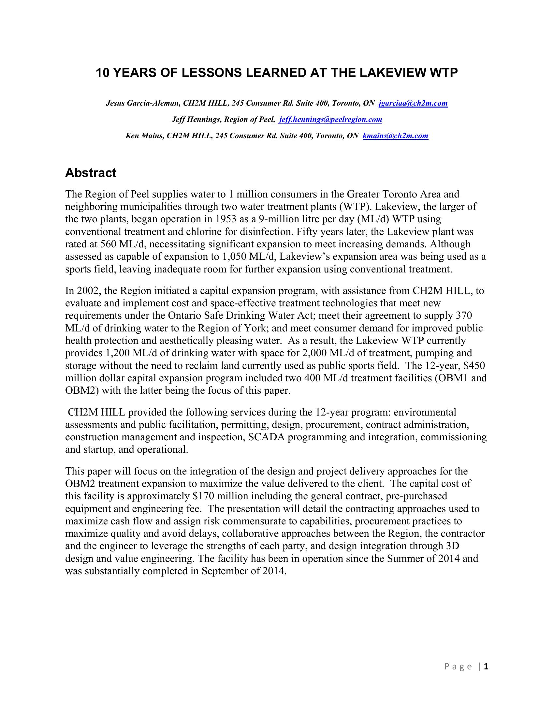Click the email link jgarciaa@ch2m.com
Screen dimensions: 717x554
pos(413,103)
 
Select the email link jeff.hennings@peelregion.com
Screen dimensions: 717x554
pos(330,120)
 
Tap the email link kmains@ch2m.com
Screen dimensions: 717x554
pos(396,136)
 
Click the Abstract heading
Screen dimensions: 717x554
pos(91,173)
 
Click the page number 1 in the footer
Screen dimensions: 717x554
pos(487,666)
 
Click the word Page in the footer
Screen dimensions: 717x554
pos(459,666)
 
